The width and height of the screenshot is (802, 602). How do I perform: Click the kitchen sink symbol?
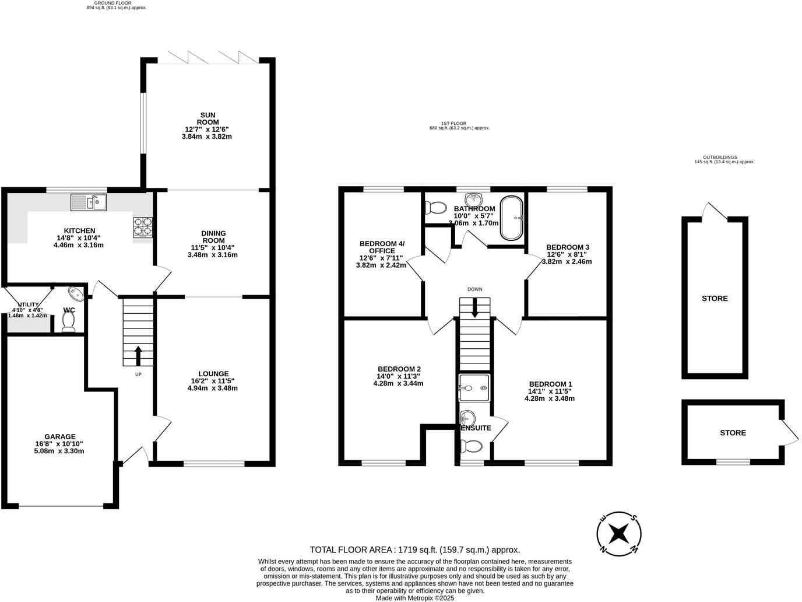[89, 202]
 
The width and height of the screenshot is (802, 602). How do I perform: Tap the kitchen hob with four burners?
[143, 227]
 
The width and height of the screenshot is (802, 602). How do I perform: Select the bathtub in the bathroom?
[512, 218]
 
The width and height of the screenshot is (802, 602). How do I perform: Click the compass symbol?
[619, 533]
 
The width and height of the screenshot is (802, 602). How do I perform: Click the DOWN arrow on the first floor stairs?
[474, 308]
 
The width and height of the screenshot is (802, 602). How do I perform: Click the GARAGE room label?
[59, 436]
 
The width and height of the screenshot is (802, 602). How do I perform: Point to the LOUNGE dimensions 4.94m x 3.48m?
[213, 388]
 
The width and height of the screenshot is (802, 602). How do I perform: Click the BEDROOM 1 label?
[550, 384]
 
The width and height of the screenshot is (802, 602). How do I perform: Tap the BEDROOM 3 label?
[567, 247]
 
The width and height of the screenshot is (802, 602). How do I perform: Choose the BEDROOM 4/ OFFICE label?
[382, 247]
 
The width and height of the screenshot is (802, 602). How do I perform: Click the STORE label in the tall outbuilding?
[715, 298]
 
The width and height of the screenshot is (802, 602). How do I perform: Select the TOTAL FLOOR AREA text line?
[414, 549]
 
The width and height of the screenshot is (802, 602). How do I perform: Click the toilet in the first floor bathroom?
[435, 207]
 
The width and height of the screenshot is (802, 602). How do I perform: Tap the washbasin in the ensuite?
[467, 418]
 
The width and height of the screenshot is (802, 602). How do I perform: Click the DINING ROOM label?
[213, 237]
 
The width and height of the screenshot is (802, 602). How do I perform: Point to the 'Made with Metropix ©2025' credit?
[414, 598]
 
